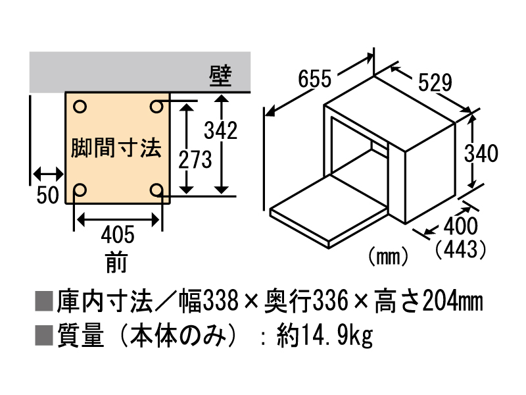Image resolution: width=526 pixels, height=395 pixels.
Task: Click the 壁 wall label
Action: click(x=220, y=76)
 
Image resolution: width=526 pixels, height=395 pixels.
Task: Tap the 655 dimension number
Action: click(x=315, y=79)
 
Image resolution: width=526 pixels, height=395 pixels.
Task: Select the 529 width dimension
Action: click(x=435, y=83)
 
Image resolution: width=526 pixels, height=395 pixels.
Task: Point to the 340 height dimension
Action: click(x=481, y=153)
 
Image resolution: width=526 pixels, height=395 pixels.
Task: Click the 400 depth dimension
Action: click(x=460, y=226)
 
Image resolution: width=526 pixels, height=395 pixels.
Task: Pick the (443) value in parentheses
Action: click(x=460, y=250)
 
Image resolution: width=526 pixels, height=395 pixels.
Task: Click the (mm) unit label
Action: click(x=388, y=257)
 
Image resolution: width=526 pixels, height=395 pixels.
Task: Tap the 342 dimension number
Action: click(x=220, y=130)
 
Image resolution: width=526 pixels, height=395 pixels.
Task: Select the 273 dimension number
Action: click(x=195, y=159)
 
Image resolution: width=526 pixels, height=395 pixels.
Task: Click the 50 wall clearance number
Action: click(x=47, y=195)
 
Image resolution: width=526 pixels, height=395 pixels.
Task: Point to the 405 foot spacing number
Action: click(x=118, y=234)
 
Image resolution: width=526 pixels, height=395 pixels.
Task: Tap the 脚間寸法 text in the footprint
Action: click(x=116, y=148)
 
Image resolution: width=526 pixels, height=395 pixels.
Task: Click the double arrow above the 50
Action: click(x=48, y=174)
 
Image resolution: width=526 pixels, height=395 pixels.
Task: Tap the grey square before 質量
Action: click(x=44, y=336)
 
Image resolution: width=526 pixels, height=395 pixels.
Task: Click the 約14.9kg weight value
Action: click(x=324, y=336)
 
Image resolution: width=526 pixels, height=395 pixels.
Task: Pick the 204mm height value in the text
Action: click(x=453, y=301)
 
